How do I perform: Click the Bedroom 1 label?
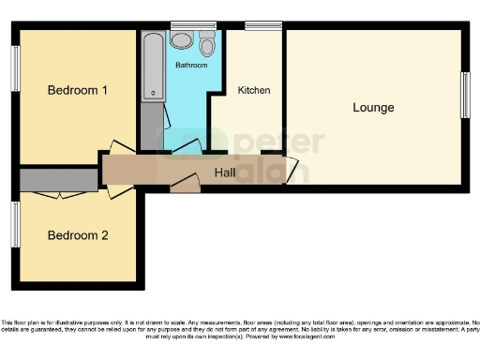[x=79, y=91]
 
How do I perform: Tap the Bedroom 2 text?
[x=78, y=235]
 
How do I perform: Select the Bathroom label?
[x=191, y=66]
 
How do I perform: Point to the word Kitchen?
[x=254, y=91]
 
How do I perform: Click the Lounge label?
[x=373, y=108]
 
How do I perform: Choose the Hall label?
[x=224, y=172]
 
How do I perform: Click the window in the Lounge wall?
[x=465, y=96]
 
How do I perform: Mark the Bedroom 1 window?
[x=16, y=68]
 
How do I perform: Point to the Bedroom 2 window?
[x=16, y=225]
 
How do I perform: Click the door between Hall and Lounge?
[x=292, y=171]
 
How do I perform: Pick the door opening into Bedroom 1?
[x=119, y=150]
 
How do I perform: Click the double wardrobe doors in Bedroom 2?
[x=56, y=194]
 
